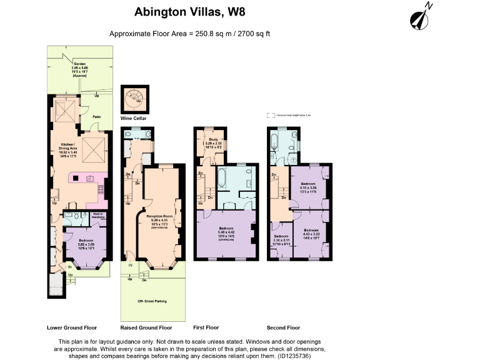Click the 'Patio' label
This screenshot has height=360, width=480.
[97, 116]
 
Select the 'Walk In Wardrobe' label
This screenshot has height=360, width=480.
[98, 216]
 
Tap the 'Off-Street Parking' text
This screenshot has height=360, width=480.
[152, 301]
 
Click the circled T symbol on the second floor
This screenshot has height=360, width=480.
[294, 160]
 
